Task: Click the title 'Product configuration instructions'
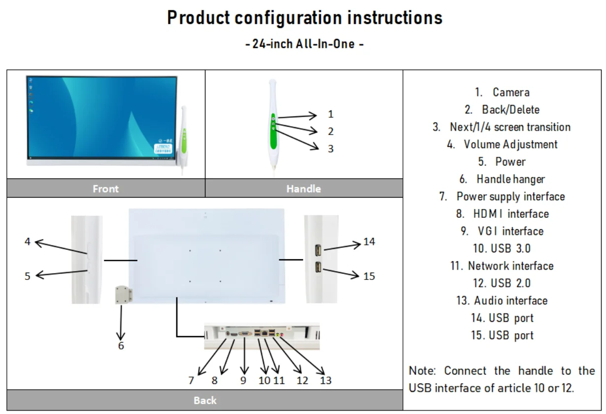click(x=304, y=18)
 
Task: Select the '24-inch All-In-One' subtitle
click(x=304, y=44)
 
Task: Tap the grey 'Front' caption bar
click(x=105, y=189)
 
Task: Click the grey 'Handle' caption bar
click(x=303, y=189)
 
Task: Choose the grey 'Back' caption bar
click(x=204, y=400)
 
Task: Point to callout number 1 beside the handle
click(x=331, y=114)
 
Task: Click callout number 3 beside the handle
click(x=331, y=148)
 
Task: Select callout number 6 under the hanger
click(x=121, y=345)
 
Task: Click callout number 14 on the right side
click(x=369, y=241)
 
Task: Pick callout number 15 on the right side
click(x=369, y=276)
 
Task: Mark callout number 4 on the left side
click(x=28, y=241)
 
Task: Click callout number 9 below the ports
click(x=243, y=380)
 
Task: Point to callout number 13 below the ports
click(x=325, y=380)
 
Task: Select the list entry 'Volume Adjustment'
click(x=502, y=144)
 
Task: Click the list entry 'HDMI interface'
click(x=502, y=214)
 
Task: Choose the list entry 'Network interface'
click(x=502, y=266)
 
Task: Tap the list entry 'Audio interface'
click(x=502, y=301)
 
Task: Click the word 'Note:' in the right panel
click(x=423, y=371)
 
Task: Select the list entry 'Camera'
click(x=502, y=92)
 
